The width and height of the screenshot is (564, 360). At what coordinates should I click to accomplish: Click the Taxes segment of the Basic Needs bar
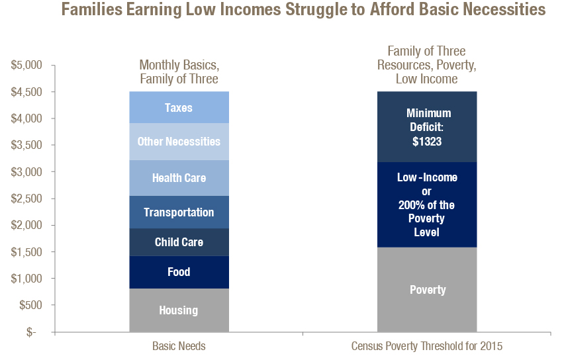coord(179,107)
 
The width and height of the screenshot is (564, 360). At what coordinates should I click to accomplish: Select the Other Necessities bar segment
coord(179,142)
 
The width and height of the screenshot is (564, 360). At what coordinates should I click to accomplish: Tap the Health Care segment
coord(179,178)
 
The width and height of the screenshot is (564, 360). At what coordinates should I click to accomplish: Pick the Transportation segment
coord(179,212)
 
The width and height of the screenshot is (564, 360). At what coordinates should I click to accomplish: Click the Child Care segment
coord(179,242)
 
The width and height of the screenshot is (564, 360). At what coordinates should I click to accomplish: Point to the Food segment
coord(179,272)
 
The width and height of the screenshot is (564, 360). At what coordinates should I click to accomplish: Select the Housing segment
coord(179,310)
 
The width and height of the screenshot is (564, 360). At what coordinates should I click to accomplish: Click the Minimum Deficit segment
coord(427,126)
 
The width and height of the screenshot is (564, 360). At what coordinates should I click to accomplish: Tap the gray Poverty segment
coord(427,289)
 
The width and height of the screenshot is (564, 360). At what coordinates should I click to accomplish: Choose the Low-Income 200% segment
coord(427,204)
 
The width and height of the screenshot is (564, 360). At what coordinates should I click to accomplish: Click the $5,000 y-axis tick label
coord(26,65)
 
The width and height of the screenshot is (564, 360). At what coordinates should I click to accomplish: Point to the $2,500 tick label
coord(26,199)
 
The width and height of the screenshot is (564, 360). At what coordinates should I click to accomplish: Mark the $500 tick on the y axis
coord(31,305)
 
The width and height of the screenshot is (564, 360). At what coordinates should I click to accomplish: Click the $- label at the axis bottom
coord(31,332)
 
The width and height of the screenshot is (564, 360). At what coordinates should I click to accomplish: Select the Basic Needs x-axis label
coord(179,346)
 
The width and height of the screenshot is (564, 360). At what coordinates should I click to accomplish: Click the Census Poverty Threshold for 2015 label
coord(427,346)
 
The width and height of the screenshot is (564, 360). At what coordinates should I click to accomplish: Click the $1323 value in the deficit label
coord(427,142)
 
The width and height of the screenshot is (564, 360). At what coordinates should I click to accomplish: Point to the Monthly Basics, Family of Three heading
coord(179,72)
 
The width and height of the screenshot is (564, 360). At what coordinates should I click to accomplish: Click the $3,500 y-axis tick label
coord(26,145)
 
